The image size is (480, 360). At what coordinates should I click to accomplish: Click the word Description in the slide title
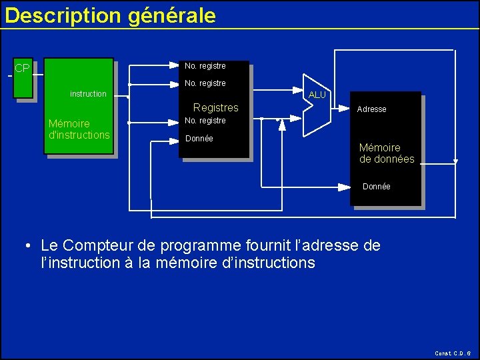tap(63, 15)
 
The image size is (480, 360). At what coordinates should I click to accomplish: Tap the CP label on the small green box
tap(22, 68)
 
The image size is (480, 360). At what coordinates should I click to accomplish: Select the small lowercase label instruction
tap(88, 94)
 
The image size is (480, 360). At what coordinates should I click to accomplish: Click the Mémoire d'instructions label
tap(79, 129)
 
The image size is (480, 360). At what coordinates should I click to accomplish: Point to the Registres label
tap(215, 107)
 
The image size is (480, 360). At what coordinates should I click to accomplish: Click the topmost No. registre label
tap(205, 66)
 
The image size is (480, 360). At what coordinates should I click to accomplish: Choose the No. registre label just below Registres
tap(205, 121)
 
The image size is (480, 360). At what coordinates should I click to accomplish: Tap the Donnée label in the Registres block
tap(199, 139)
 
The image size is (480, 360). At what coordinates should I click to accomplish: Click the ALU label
tap(317, 95)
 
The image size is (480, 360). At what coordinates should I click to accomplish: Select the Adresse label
tap(371, 109)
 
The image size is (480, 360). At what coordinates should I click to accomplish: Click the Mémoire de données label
tap(387, 153)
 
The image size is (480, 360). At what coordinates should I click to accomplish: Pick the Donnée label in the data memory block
tap(377, 187)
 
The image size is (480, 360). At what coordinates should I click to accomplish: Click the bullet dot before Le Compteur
tap(26, 246)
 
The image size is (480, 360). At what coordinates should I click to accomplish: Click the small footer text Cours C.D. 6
tap(452, 353)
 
